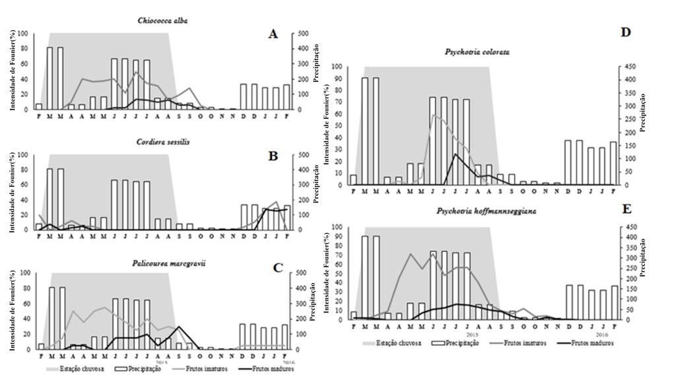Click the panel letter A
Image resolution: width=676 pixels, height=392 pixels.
click(x=273, y=34)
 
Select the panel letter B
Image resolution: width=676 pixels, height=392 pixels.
click(x=273, y=156)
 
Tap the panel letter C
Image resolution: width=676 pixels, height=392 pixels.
click(x=278, y=267)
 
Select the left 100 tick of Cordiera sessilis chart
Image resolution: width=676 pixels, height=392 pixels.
click(x=23, y=155)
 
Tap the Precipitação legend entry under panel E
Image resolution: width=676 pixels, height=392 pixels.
click(x=459, y=344)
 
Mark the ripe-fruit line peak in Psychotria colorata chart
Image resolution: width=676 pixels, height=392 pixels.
click(x=454, y=154)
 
